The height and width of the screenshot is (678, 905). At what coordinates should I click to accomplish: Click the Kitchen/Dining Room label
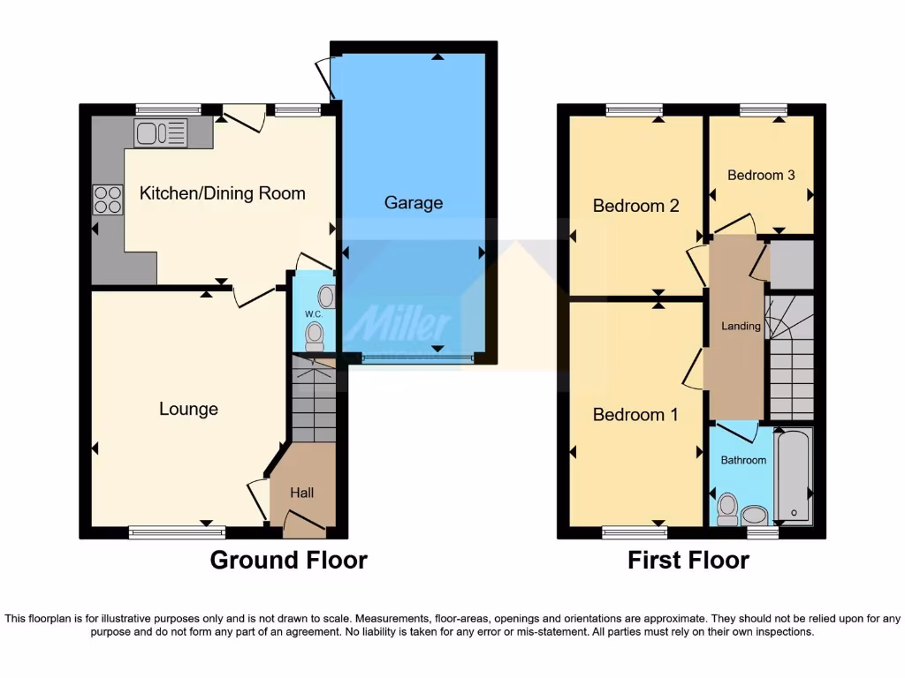[223, 193]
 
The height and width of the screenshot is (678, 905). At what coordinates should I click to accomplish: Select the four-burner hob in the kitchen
[108, 200]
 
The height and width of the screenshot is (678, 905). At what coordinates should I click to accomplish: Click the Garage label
[413, 203]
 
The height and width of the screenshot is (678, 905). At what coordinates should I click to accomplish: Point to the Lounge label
[188, 410]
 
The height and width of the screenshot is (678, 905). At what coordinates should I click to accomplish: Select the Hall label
[301, 493]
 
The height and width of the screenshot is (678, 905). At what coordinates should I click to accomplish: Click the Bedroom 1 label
[635, 415]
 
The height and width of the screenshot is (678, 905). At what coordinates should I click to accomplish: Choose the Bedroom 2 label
[635, 207]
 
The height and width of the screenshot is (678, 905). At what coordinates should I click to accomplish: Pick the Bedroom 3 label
[761, 175]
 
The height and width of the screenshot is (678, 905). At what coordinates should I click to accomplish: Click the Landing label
[741, 326]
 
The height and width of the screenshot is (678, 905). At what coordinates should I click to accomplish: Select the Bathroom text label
[743, 460]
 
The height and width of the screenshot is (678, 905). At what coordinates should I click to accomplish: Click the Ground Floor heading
[288, 560]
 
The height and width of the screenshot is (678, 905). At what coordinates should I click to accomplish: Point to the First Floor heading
[688, 560]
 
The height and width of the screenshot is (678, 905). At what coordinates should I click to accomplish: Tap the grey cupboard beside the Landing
[791, 264]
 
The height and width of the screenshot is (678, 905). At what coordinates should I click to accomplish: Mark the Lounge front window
[177, 531]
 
